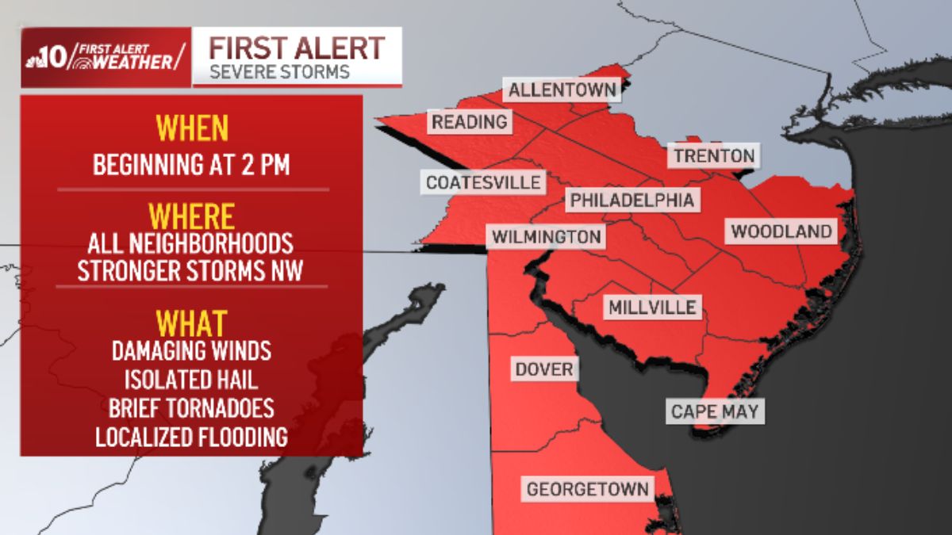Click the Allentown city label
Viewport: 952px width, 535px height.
point(562,90)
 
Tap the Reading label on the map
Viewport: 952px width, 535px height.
point(469,122)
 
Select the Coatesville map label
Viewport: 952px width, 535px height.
point(483,182)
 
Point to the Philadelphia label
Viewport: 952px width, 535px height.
point(632,201)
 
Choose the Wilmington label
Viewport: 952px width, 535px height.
point(546,236)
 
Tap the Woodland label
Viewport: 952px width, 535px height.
point(781,231)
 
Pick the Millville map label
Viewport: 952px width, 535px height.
point(653,307)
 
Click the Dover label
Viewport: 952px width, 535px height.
point(543,369)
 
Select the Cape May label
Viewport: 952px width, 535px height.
point(714,411)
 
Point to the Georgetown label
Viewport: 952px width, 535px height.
point(588,489)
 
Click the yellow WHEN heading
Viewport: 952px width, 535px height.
point(192,128)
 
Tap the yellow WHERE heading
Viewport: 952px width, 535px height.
point(192,216)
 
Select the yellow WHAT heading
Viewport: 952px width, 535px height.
point(191,323)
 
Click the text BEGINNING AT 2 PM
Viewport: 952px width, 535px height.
point(191,166)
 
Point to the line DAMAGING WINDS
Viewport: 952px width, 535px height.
point(191,350)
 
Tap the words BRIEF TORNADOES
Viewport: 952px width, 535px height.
point(191,407)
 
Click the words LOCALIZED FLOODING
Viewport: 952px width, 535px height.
point(191,437)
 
